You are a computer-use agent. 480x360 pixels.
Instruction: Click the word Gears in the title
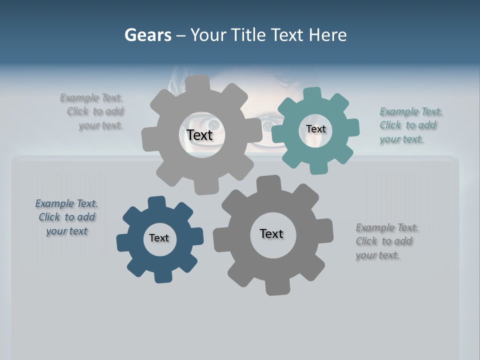coord(147,35)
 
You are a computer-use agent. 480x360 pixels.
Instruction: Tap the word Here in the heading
coord(327,35)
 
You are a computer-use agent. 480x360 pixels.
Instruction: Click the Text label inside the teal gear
coord(315,129)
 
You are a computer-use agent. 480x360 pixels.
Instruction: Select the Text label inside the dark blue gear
coord(159,238)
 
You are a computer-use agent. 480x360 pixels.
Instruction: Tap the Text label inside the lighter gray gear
coord(199,135)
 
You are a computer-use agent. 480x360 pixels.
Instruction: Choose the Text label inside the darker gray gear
coord(271,233)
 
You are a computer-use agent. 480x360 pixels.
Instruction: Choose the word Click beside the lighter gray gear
coord(77,111)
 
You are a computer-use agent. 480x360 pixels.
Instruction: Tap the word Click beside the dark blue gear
coord(49,217)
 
